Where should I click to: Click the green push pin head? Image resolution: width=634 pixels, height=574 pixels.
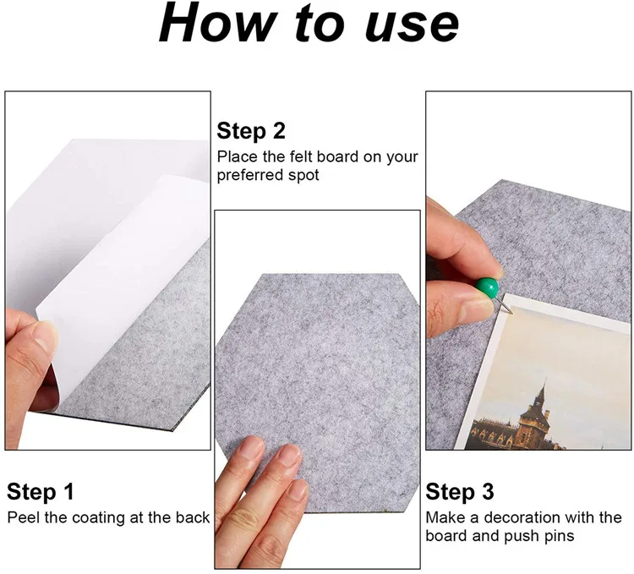pyautogui.click(x=487, y=287)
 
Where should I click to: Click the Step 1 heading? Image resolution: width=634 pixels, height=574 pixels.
pyautogui.click(x=41, y=492)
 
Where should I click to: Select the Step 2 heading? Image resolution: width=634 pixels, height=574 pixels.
pyautogui.click(x=251, y=131)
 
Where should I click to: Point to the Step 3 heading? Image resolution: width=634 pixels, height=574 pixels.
pyautogui.click(x=460, y=492)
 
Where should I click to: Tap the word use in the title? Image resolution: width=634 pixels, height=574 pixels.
pyautogui.click(x=412, y=26)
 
